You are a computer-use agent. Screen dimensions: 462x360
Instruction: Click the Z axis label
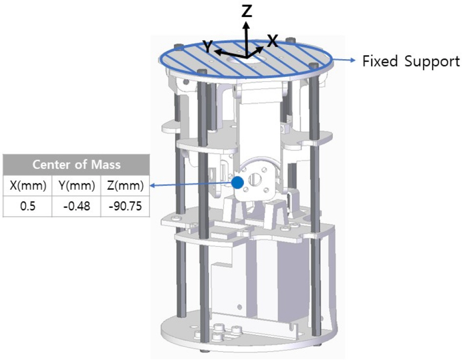(246, 11)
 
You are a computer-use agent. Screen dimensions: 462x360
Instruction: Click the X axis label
(272, 41)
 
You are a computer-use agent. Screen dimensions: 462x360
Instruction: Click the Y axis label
(208, 47)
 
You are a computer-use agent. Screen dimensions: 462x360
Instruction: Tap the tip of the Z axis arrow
(246, 22)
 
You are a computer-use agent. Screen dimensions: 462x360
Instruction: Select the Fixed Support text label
(411, 61)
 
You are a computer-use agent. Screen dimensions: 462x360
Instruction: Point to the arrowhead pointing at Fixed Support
(353, 60)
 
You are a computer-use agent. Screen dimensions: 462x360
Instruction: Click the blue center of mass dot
(237, 182)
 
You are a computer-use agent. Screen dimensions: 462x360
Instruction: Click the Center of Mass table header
(76, 164)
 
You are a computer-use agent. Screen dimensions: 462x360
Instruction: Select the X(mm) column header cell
(28, 185)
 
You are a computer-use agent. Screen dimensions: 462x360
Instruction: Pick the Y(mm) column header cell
(76, 185)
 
